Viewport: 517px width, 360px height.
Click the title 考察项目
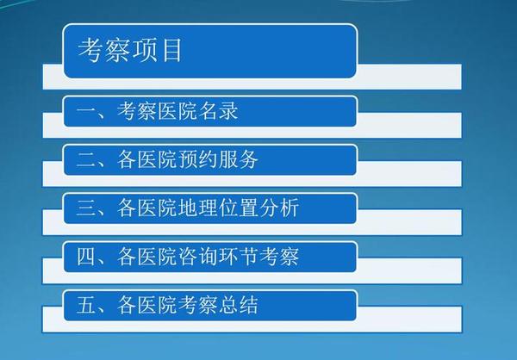click(x=129, y=50)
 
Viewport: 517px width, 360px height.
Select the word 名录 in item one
click(x=218, y=110)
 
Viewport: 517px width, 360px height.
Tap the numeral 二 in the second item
click(x=85, y=159)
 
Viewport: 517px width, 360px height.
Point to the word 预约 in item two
click(x=197, y=159)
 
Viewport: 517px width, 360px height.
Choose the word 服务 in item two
click(x=238, y=159)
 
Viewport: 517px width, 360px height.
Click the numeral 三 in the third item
click(x=85, y=208)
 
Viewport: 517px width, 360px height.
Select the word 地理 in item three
click(x=197, y=208)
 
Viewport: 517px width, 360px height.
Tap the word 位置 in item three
click(x=238, y=208)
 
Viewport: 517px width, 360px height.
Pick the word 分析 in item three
click(x=279, y=208)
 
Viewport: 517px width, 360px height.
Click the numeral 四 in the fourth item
click(x=85, y=257)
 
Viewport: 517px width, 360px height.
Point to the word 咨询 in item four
click(x=197, y=256)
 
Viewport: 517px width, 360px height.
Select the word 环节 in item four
click(x=238, y=256)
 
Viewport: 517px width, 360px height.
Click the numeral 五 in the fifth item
click(x=85, y=305)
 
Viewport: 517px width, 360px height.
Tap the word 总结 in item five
click(x=238, y=305)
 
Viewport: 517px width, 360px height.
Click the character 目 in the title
click(x=171, y=50)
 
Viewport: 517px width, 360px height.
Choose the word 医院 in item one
click(x=178, y=110)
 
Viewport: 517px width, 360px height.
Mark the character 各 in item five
click(x=127, y=305)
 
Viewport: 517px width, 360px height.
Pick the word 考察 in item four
click(x=279, y=256)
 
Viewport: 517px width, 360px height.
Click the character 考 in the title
click(x=90, y=50)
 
